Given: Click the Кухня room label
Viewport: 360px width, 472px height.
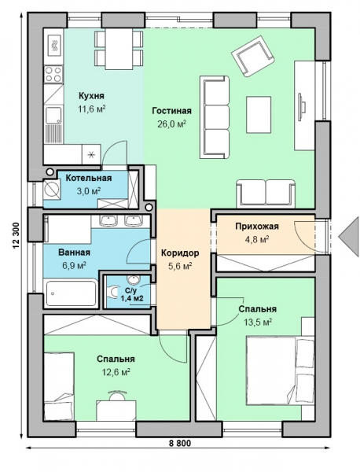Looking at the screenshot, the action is (91, 96).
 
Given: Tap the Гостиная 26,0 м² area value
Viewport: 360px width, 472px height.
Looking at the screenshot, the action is (171, 124).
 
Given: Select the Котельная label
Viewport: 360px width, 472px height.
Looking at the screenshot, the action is (89, 178).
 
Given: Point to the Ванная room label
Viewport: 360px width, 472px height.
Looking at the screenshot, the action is (75, 253).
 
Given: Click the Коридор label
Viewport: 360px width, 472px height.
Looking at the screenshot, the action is (180, 253).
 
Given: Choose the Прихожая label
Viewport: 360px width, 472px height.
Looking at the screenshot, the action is (257, 226).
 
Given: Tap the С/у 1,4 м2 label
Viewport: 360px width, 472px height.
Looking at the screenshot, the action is (132, 294).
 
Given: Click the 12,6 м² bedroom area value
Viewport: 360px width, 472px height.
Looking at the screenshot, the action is (116, 372).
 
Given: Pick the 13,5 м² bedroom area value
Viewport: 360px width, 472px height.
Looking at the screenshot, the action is (258, 323).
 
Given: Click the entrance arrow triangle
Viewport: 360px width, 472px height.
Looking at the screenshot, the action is (348, 237).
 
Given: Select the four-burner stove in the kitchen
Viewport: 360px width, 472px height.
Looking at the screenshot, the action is (53, 74).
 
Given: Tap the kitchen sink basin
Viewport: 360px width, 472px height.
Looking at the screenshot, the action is (53, 116).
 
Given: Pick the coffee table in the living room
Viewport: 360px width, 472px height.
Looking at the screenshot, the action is (259, 114).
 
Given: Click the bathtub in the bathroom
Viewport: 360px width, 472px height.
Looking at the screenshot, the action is (71, 293).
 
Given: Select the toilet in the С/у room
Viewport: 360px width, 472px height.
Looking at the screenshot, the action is (112, 292).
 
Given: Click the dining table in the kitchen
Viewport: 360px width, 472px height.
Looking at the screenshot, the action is (119, 49).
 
